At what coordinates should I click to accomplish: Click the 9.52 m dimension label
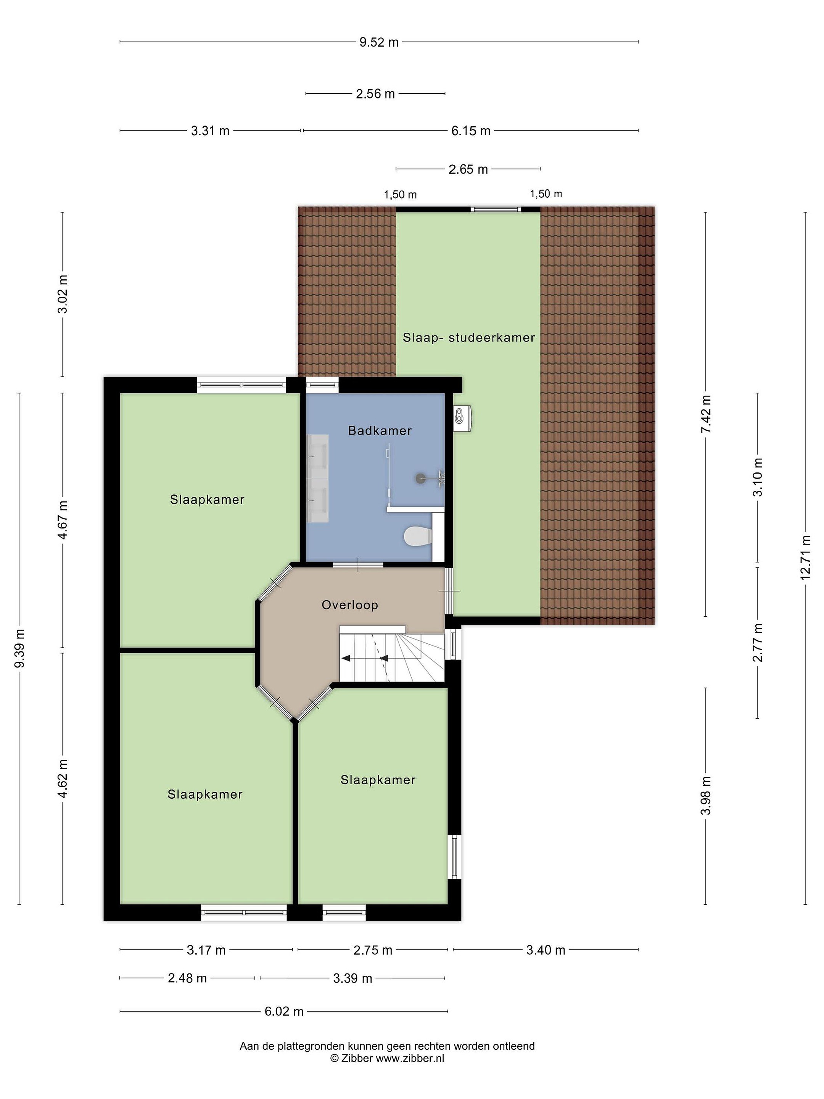[379, 42]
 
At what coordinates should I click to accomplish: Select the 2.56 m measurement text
[375, 93]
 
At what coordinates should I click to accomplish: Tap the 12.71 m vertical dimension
[805, 557]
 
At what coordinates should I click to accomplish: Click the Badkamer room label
[380, 431]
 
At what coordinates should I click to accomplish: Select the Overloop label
[350, 605]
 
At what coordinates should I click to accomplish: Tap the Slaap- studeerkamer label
[469, 338]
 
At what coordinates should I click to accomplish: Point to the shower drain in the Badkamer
[421, 479]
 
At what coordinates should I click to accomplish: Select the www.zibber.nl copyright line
[388, 1058]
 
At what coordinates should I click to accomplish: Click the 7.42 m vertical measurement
[706, 414]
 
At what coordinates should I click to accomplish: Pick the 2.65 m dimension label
[468, 169]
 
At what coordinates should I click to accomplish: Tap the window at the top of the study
[496, 209]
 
